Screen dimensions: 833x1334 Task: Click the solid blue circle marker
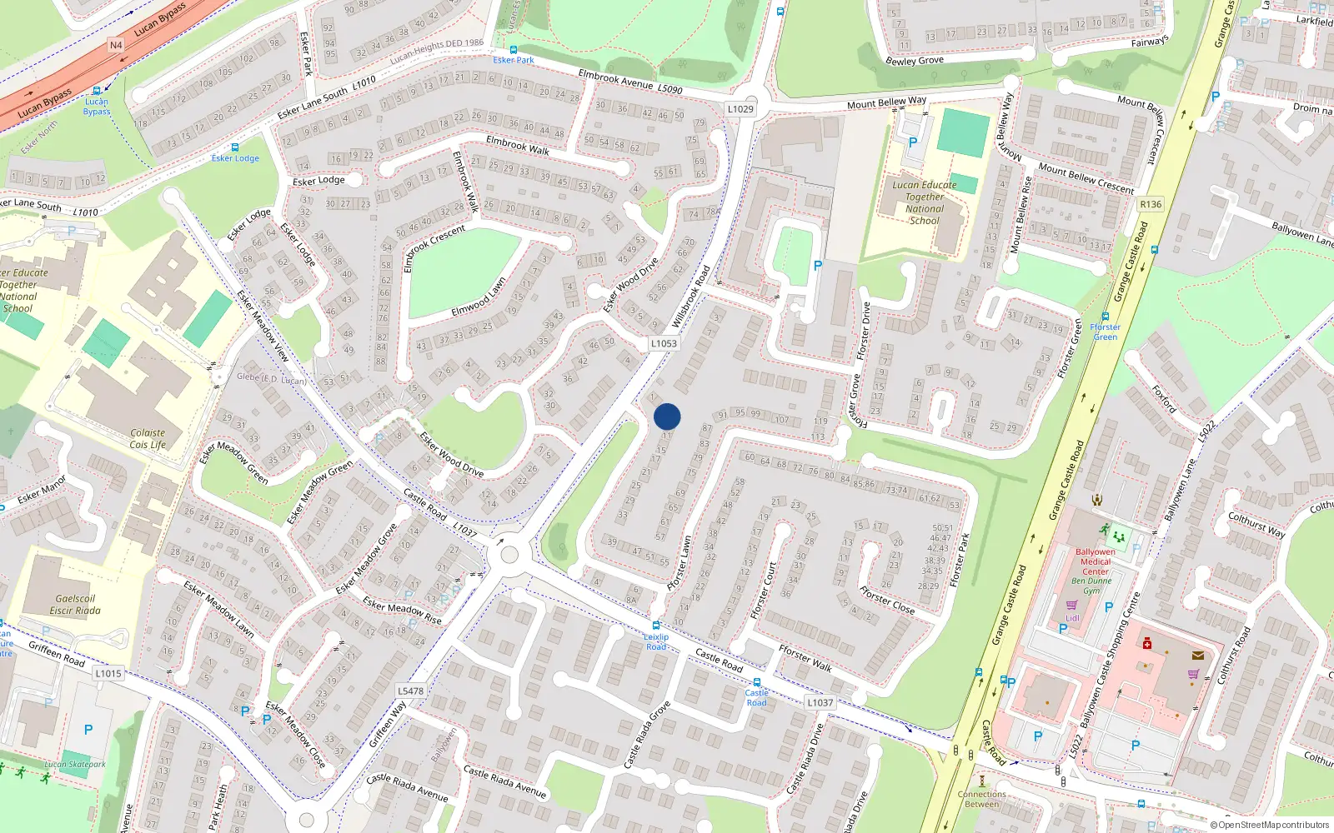[x=667, y=416]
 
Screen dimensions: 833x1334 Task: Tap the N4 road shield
[x=116, y=45]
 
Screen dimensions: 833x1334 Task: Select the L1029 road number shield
[x=740, y=109]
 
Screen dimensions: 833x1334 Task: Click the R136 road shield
[x=1151, y=204]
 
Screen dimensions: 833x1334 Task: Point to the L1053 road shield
[x=664, y=343]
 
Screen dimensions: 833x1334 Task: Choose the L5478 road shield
[x=410, y=691]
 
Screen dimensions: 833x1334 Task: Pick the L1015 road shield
[x=108, y=673]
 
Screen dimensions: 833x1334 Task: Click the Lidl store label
[x=1072, y=618]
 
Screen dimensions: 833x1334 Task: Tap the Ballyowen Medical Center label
[x=1096, y=561]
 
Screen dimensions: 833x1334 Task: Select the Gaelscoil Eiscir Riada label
[x=75, y=605]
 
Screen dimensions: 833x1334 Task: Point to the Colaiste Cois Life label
[x=148, y=439]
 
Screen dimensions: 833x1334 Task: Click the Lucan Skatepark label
[x=75, y=764]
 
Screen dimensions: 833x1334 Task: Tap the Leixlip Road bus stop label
[x=656, y=641]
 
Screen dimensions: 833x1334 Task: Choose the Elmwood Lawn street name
[x=478, y=298]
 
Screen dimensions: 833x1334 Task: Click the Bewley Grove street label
[x=915, y=61]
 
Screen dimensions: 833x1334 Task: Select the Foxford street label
[x=1164, y=399]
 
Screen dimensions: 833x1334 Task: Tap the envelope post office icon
[x=1198, y=656]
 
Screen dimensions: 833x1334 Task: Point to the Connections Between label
[x=981, y=799]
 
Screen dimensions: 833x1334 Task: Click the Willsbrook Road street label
[x=691, y=296]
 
